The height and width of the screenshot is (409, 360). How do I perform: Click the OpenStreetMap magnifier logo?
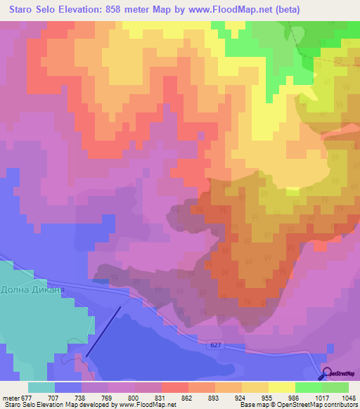pos(327,374)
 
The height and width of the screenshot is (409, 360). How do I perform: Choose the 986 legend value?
pos(282,398)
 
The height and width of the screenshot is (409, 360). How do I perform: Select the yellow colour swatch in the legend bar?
pos(281,387)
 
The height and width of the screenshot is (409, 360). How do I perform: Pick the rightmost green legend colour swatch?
pos(335,387)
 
